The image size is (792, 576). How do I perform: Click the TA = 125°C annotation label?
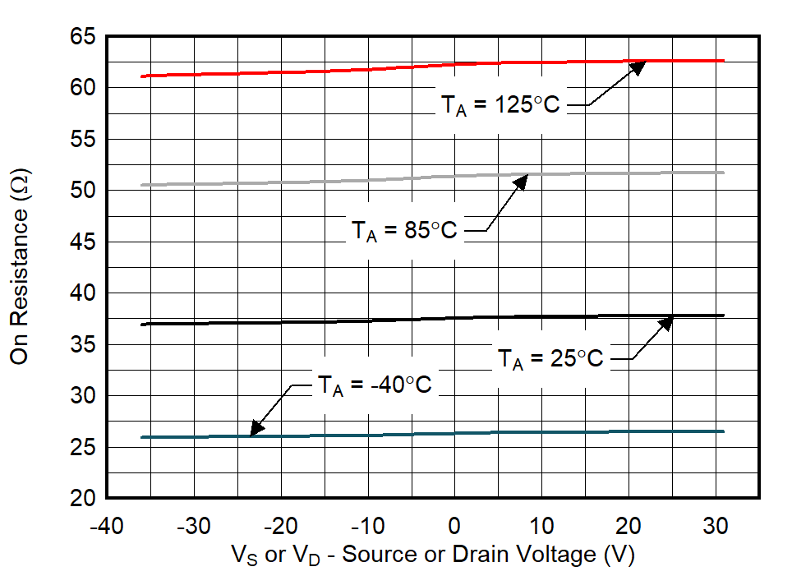coord(500,105)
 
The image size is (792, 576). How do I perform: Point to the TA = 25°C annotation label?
coord(550,358)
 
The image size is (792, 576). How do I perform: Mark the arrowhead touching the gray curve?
coord(519,180)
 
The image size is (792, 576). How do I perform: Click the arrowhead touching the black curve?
coord(666,322)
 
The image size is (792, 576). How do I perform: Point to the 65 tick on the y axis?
coord(83,38)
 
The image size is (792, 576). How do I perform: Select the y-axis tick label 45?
coord(83,242)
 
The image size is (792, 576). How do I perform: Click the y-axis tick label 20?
coord(83,498)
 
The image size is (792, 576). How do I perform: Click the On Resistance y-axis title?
coord(21,266)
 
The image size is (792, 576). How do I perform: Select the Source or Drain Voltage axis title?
coord(434,555)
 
